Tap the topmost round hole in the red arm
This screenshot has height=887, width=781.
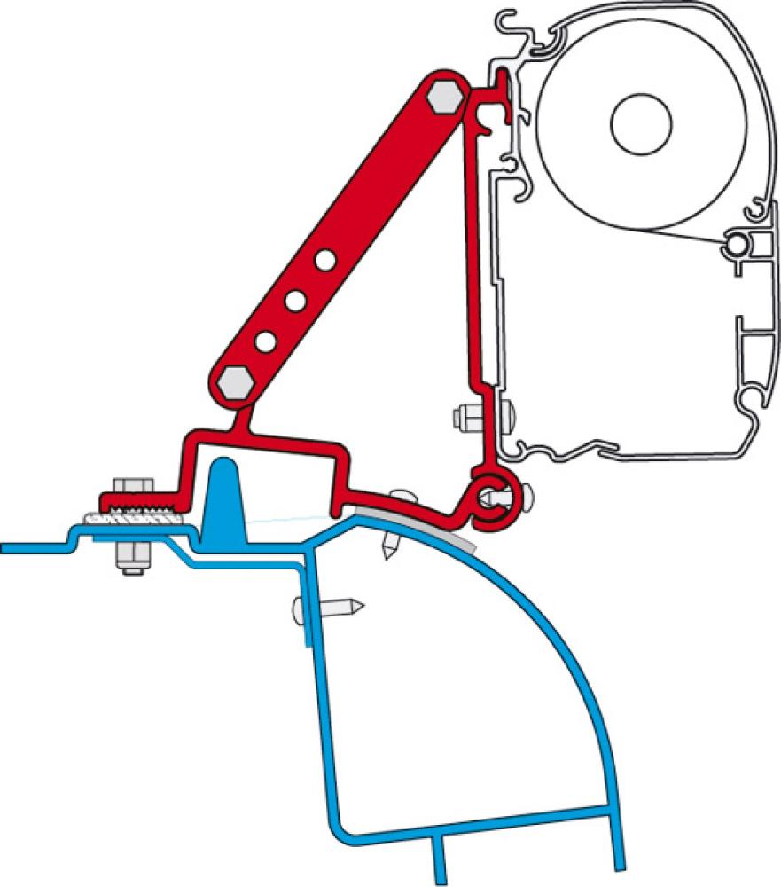pyautogui.click(x=324, y=261)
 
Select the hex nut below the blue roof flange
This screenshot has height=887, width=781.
pyautogui.click(x=131, y=557)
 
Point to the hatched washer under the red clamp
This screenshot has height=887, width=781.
pyautogui.click(x=129, y=518)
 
